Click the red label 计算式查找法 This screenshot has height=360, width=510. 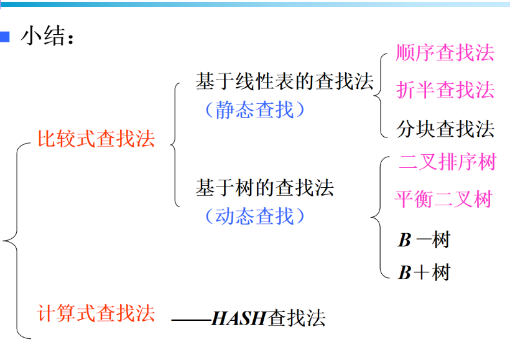(96, 312)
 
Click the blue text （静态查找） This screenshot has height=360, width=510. (255, 110)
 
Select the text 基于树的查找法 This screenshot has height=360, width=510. (265, 188)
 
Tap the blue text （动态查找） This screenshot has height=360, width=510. (255, 216)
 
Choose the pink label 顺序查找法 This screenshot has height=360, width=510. (445, 53)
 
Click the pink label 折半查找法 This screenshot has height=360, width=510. (445, 90)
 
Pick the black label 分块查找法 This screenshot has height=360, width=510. (445, 129)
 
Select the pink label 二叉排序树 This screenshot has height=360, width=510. (447, 163)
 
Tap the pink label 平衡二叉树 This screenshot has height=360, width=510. (443, 199)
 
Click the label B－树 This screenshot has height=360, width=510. (424, 239)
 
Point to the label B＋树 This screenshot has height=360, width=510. (424, 272)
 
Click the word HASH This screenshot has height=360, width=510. (239, 318)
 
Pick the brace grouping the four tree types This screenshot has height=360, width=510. (376, 217)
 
